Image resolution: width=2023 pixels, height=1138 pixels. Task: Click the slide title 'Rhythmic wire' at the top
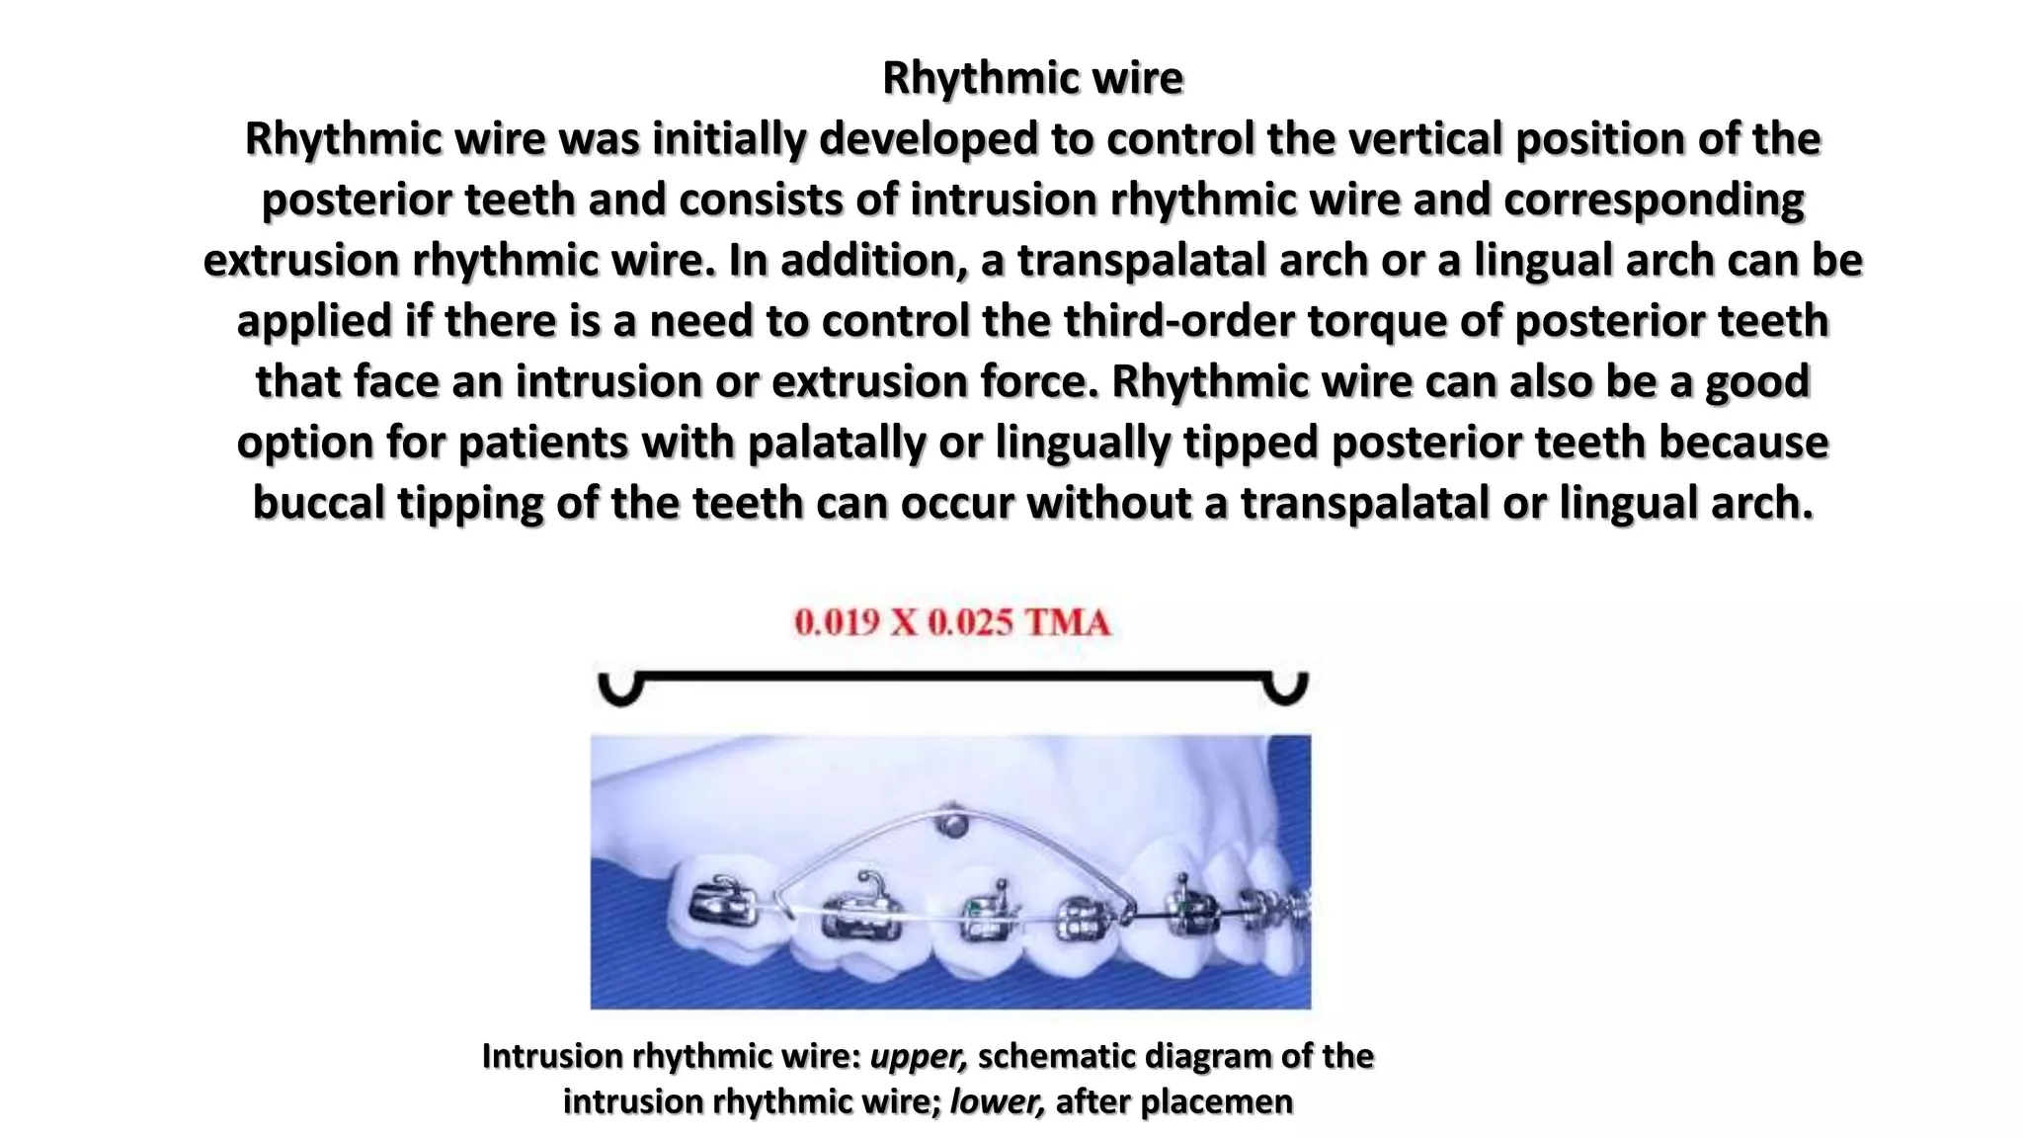tap(1032, 78)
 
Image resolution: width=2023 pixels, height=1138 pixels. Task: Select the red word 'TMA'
tap(1067, 622)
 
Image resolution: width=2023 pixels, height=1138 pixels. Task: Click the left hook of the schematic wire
tap(621, 689)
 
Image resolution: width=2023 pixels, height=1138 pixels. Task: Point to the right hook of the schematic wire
tap(1286, 689)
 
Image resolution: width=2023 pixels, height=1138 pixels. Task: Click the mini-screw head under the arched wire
tap(951, 824)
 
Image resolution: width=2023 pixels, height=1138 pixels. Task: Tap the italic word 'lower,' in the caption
tap(997, 1101)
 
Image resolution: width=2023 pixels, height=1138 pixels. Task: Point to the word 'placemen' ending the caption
tap(1223, 1101)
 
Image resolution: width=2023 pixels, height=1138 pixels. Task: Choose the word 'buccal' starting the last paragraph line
tap(318, 504)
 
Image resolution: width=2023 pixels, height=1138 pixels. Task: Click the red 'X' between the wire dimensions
tap(903, 622)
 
